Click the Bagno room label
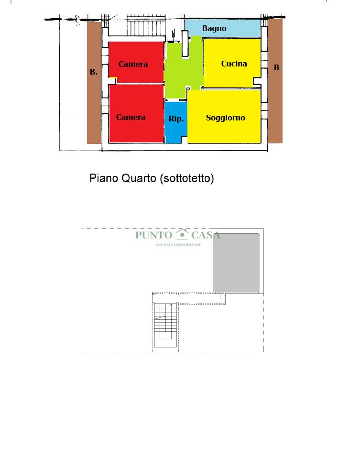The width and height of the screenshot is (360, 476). coord(214,29)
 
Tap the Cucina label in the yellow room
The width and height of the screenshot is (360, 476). coord(234,64)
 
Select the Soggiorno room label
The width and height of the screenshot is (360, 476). coord(225,118)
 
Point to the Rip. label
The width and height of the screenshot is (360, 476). coord(176,119)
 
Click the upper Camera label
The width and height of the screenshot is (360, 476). coord(133,64)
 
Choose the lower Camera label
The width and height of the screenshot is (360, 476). coord(131,117)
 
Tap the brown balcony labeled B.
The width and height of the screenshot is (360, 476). coord(94,83)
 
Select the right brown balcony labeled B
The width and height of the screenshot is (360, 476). coord(275,80)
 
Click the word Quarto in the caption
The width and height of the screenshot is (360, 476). coord(139,178)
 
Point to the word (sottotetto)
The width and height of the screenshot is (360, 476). coord(187,178)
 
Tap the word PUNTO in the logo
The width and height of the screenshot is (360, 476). coord(154,235)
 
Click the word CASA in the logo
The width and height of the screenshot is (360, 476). coord(206,235)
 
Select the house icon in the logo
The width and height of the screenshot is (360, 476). coord(182,234)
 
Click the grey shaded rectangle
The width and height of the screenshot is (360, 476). coord(236,263)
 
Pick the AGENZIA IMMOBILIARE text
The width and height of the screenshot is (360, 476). coord(178,245)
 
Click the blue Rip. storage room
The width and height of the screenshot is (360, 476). coord(175,122)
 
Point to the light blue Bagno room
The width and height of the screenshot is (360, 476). coord(223,28)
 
